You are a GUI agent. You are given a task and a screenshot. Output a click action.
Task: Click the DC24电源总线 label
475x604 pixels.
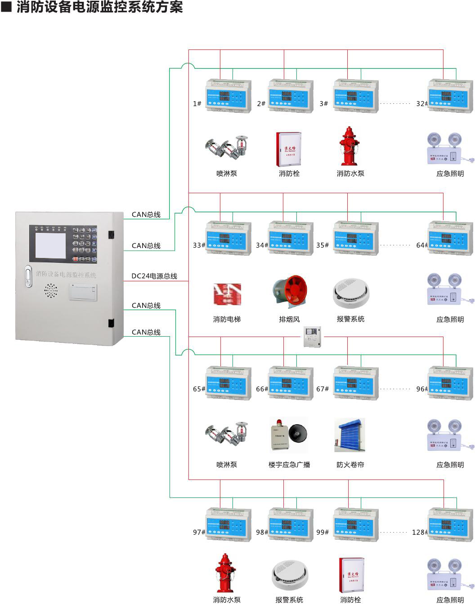point(154,276)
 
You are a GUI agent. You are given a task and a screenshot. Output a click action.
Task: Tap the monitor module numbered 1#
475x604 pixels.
point(229,96)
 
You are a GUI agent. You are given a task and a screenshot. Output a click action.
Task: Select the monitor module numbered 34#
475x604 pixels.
point(291,239)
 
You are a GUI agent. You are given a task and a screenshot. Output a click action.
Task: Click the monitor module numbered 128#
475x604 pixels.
point(450,525)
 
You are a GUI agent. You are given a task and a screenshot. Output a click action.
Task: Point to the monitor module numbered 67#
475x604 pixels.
point(356,383)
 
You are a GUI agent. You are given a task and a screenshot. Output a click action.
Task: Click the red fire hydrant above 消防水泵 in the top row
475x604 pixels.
point(349,146)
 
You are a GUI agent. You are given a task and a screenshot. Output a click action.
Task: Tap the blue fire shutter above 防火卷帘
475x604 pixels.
point(350,435)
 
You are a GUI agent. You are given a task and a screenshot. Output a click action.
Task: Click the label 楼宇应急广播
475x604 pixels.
point(289,465)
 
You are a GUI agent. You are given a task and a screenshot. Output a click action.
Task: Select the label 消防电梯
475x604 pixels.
point(227,319)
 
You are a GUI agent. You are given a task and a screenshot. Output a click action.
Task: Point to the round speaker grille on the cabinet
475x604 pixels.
point(51,291)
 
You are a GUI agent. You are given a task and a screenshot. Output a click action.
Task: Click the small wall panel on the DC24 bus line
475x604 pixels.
point(311,337)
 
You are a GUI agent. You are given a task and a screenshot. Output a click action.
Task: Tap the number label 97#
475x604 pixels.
point(199,532)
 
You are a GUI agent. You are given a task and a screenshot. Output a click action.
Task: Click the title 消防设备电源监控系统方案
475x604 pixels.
point(99,7)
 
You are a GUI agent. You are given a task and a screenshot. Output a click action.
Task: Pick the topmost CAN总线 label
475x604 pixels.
point(146,214)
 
